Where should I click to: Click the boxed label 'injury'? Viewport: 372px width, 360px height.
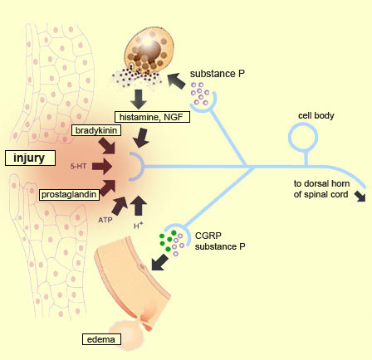click(x=30, y=158)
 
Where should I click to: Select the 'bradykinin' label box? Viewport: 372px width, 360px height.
click(x=96, y=130)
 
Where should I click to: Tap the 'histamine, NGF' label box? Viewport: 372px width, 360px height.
click(x=152, y=117)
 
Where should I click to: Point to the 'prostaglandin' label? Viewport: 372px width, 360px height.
click(x=69, y=195)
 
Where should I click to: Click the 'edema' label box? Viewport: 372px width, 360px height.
click(x=101, y=339)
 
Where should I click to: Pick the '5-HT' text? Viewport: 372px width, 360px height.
click(x=78, y=166)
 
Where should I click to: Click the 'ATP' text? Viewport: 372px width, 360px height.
click(x=105, y=220)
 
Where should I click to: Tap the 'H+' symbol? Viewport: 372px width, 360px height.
click(x=139, y=226)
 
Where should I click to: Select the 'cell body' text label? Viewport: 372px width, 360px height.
click(x=316, y=115)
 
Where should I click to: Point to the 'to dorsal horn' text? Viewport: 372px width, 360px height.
click(x=321, y=183)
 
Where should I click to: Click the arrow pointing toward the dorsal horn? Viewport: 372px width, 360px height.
click(x=360, y=196)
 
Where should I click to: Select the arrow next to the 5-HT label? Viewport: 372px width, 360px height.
click(x=102, y=166)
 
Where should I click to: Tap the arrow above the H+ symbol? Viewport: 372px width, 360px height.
click(x=139, y=206)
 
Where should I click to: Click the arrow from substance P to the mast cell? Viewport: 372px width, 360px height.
click(x=177, y=81)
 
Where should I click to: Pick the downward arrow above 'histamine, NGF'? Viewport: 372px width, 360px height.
click(x=139, y=99)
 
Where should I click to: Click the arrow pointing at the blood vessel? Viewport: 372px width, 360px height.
click(x=160, y=262)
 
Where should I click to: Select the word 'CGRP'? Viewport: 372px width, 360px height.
click(x=208, y=236)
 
